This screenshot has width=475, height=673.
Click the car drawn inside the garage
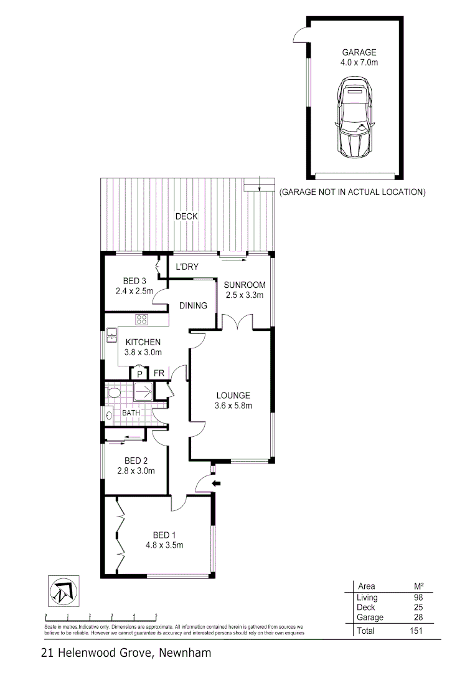click(x=354, y=119)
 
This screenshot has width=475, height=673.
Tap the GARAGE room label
click(x=354, y=52)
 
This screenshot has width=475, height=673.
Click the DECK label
click(x=186, y=216)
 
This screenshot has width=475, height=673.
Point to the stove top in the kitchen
click(x=142, y=320)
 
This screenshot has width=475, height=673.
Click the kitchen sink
click(x=110, y=336)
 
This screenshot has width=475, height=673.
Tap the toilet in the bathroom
click(x=113, y=393)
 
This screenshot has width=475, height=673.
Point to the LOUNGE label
click(x=233, y=395)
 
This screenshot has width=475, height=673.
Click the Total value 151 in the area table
click(x=415, y=631)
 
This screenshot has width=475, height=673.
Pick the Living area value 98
click(x=417, y=598)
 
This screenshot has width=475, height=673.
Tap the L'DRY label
click(x=187, y=267)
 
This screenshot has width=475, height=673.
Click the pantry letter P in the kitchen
click(x=139, y=373)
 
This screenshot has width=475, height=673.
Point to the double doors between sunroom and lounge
click(x=237, y=322)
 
